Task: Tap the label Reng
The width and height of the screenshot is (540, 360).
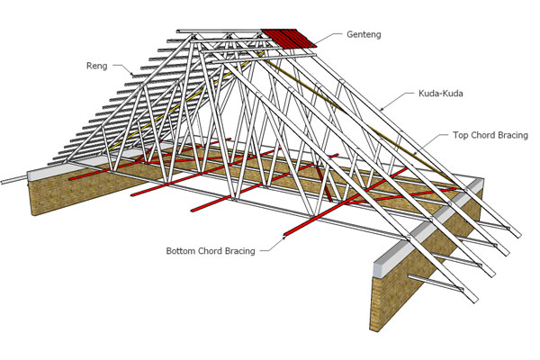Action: pos(97,65)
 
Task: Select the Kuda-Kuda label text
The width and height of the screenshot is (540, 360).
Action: pos(442,93)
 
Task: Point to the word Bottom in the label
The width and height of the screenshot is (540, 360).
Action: pos(182,250)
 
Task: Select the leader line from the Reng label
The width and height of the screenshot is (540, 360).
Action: pos(123,68)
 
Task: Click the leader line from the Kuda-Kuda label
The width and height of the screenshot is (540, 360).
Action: pos(400,100)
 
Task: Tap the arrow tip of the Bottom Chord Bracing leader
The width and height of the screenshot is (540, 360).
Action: pos(285,237)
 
